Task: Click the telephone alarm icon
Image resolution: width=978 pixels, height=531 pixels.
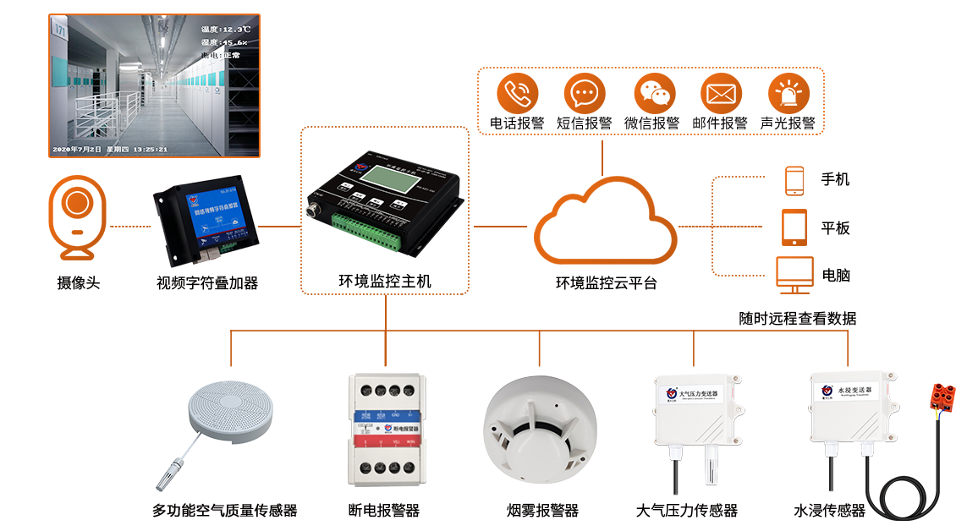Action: tap(517, 92)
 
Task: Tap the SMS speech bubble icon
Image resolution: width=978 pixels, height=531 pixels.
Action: tap(585, 92)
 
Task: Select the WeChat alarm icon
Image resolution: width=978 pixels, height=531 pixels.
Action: tap(652, 92)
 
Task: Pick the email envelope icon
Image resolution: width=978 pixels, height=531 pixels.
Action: tap(721, 93)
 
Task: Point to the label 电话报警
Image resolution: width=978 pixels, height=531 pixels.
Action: tap(517, 123)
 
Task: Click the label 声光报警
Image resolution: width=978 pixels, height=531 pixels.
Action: tap(788, 123)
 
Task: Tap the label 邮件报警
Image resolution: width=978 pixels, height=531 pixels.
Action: tap(720, 123)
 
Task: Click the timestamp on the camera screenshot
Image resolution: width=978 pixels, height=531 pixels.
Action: tap(110, 149)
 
